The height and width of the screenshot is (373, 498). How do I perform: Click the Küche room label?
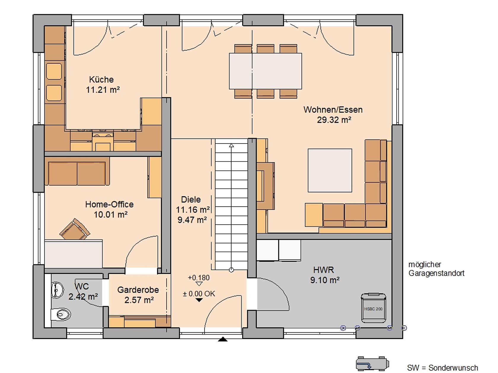101,80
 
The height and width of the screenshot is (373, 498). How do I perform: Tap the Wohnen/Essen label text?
333,110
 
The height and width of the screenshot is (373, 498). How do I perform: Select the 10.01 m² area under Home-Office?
111,214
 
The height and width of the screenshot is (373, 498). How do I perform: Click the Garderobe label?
138,290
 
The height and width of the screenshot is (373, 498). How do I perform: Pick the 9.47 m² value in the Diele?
192,220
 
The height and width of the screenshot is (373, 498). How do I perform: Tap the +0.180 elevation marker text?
199,278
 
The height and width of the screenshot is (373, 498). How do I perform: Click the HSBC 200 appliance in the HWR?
373,308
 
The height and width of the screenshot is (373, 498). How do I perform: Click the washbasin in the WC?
58,290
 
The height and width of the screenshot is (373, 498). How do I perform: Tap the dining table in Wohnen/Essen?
265,71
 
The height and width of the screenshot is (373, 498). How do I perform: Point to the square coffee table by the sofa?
330,170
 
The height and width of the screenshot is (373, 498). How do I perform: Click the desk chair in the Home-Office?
75,229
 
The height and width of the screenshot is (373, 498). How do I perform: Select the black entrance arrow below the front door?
223,339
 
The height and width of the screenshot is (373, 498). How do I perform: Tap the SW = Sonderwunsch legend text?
442,368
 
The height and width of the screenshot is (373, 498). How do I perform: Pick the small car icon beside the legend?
372,364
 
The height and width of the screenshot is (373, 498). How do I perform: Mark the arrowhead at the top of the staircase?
232,145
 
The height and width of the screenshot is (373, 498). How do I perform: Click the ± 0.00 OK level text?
199,294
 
